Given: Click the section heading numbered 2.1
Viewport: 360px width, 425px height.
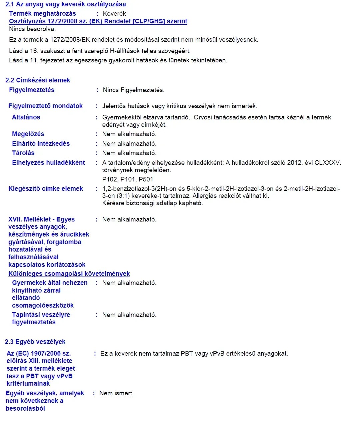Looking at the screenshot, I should coord(66,4).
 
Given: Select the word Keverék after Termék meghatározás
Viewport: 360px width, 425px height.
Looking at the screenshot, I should coord(114,14).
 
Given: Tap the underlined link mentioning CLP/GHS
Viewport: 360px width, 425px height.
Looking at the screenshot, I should coord(98,21).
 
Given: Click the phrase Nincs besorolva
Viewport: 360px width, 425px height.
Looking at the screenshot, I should coord(32,29).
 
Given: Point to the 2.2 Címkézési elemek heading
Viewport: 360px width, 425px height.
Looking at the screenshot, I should coord(38,80).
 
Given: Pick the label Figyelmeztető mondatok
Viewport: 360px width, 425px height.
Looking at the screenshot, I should coord(45,106).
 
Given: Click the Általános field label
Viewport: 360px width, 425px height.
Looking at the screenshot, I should coord(26,117).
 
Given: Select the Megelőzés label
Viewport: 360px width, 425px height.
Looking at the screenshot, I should coord(28,134).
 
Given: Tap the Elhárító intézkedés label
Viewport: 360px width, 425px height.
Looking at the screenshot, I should coord(41,144).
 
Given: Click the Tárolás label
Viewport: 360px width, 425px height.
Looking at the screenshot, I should coord(23,153).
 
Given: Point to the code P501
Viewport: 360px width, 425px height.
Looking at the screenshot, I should coord(146,179).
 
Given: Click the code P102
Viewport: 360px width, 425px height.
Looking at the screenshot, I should coord(110,179).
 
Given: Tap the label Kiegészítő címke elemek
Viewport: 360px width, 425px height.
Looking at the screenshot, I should coord(46,189).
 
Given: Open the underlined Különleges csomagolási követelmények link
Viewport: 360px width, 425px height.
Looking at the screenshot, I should coord(69,274).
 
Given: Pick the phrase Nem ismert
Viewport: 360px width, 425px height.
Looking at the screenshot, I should coord(116,393).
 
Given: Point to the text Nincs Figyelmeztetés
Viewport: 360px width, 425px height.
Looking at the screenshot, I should coord(134,90).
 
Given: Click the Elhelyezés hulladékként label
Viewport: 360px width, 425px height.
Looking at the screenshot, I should coord(48,163).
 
